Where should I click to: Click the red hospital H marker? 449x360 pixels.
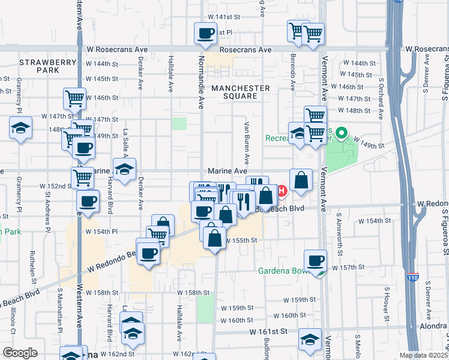pyautogui.click(x=280, y=192)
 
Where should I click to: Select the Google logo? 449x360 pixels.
pyautogui.click(x=20, y=353)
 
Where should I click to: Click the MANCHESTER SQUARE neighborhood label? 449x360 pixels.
pyautogui.click(x=240, y=92)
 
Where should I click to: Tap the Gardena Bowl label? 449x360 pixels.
pyautogui.click(x=282, y=270)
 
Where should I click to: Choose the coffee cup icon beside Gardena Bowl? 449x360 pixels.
pyautogui.click(x=315, y=260)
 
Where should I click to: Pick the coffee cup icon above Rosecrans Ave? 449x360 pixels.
pyautogui.click(x=205, y=33)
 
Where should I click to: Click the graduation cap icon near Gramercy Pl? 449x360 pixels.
pyautogui.click(x=20, y=128)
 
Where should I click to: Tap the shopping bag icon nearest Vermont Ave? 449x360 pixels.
pyautogui.click(x=301, y=179)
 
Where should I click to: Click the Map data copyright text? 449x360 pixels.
pyautogui.click(x=423, y=355)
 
